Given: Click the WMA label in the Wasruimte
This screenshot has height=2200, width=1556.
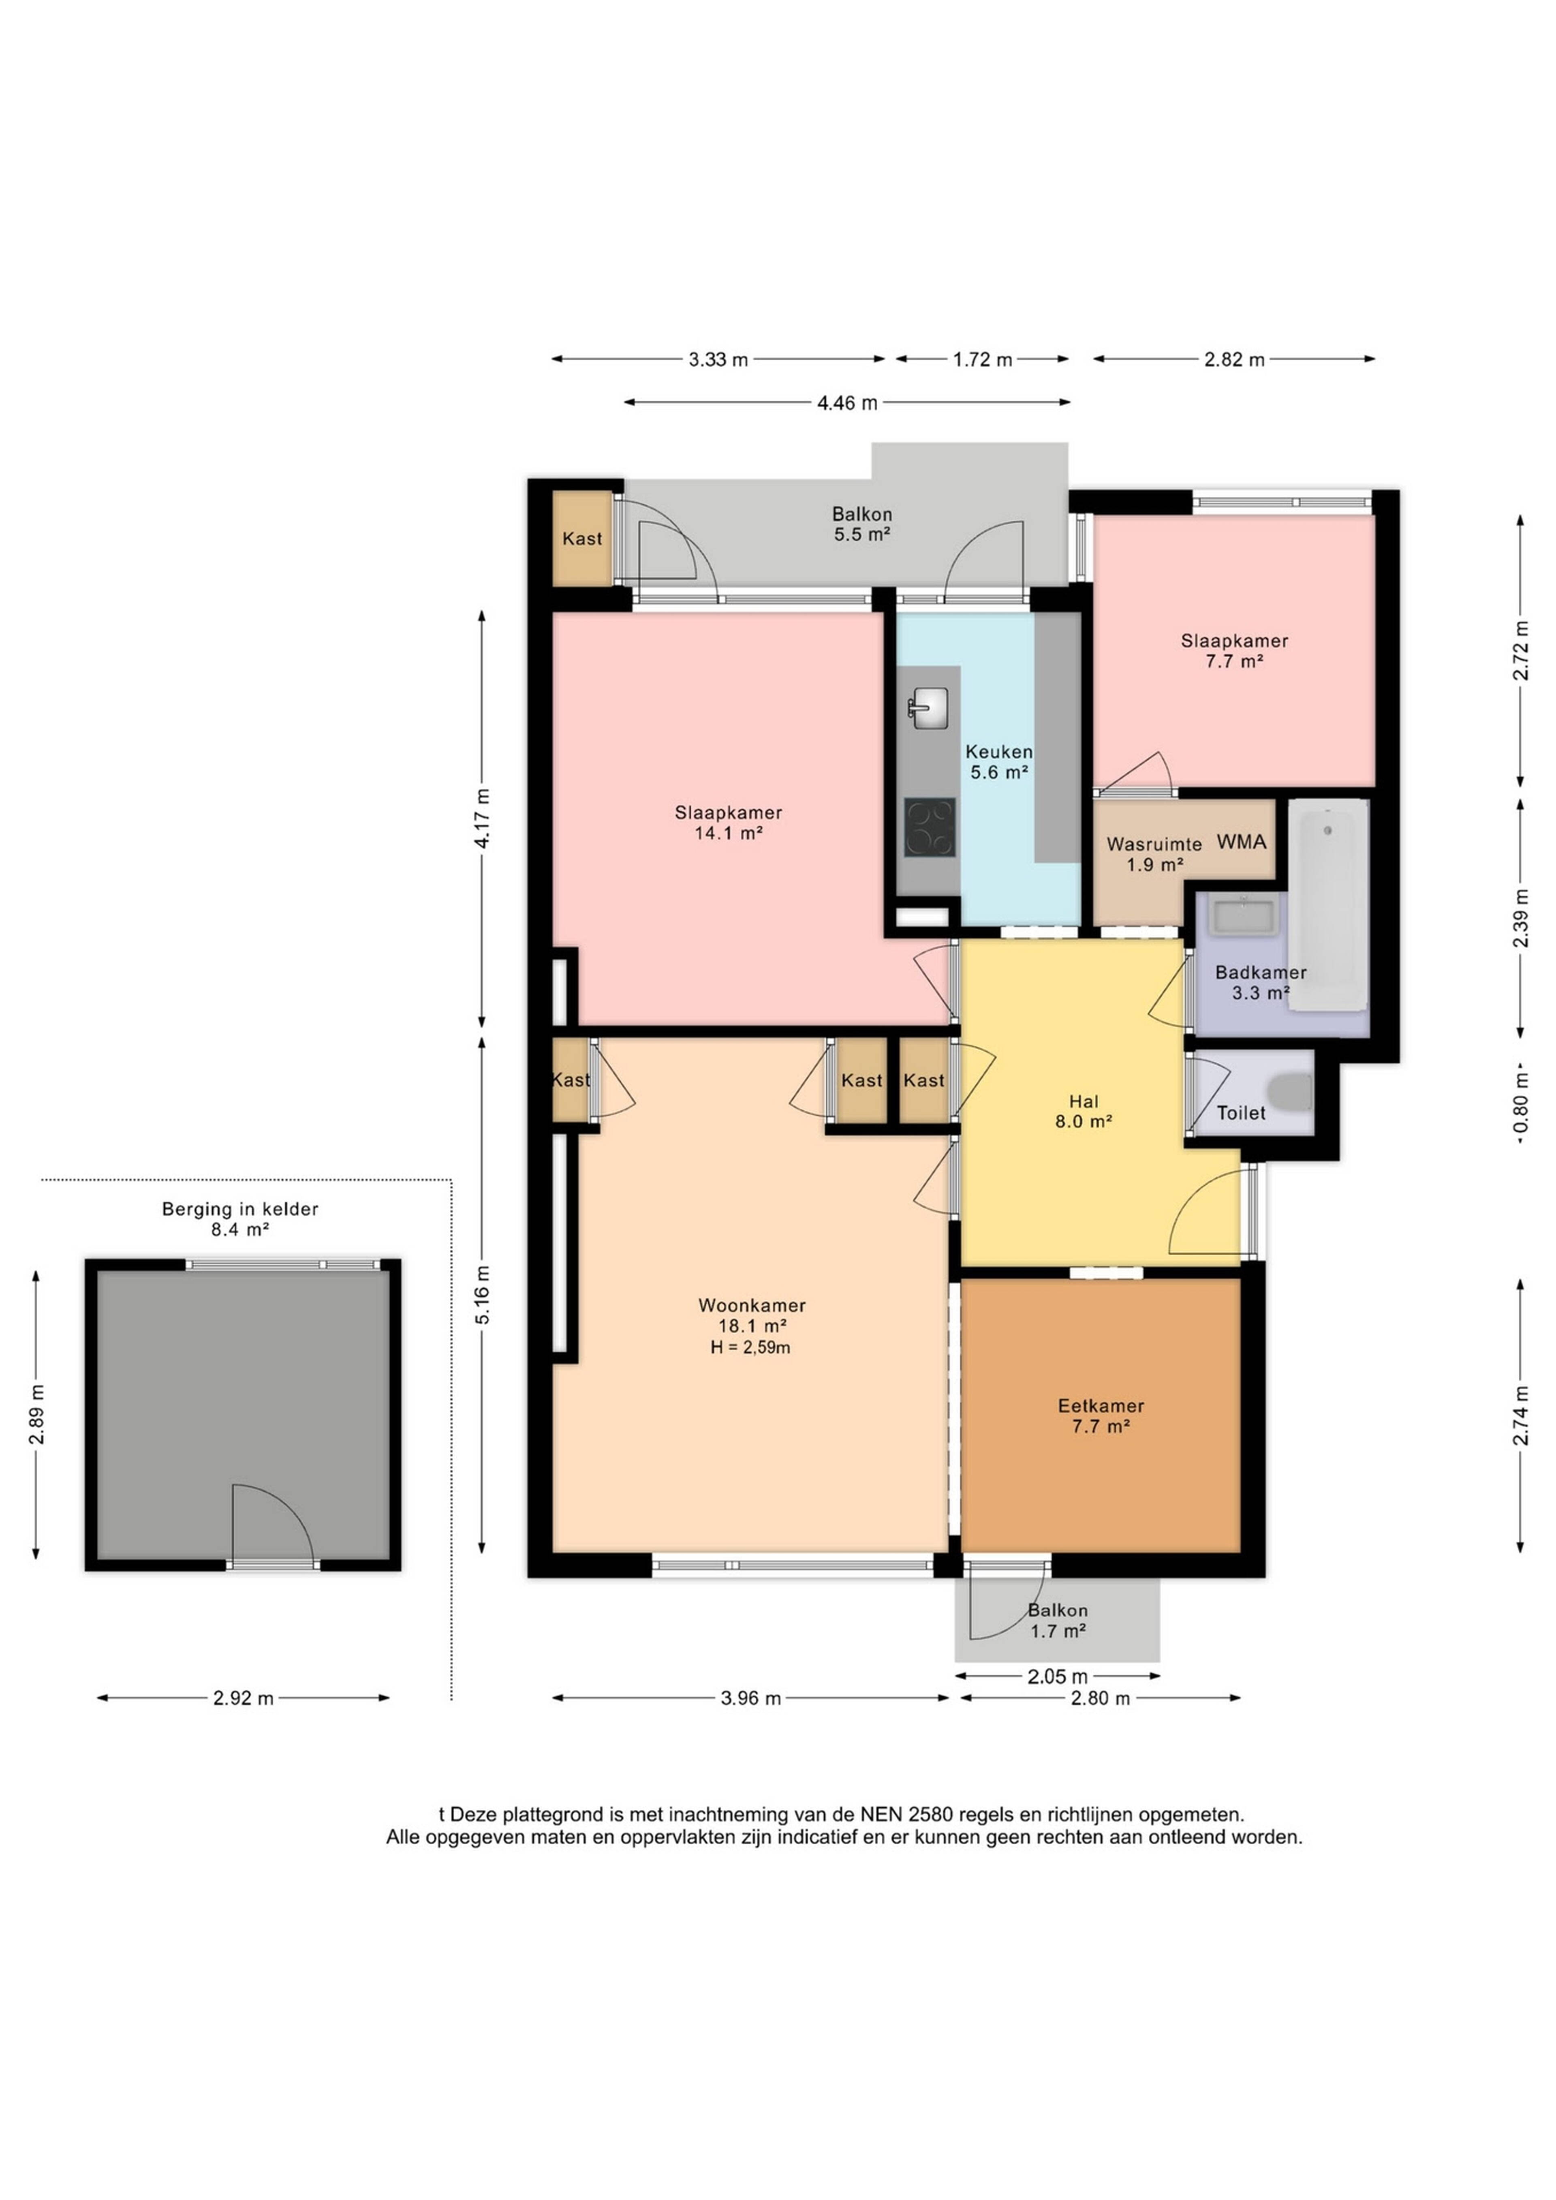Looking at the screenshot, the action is (1242, 841).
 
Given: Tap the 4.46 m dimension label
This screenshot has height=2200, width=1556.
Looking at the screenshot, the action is (847, 402).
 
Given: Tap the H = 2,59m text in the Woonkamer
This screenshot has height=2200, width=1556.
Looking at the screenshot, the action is (750, 1347).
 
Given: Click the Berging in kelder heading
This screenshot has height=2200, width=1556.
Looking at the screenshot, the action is (239, 1209).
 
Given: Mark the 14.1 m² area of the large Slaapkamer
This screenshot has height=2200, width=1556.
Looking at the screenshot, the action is (728, 833).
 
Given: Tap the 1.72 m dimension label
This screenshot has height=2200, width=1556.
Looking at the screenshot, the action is (982, 359).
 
